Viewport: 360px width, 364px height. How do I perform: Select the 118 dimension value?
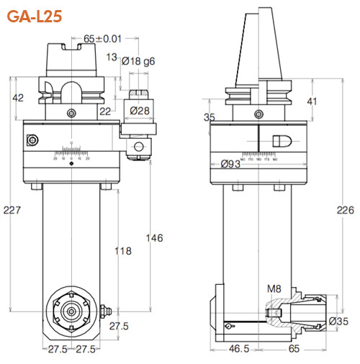point(125,251)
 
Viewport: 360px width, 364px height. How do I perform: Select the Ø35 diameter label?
point(338,321)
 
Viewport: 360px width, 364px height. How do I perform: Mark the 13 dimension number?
point(112,57)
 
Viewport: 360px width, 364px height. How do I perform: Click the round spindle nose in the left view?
point(73,311)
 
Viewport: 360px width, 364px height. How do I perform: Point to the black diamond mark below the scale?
point(71,165)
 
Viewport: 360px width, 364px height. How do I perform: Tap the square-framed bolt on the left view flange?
point(31,140)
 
